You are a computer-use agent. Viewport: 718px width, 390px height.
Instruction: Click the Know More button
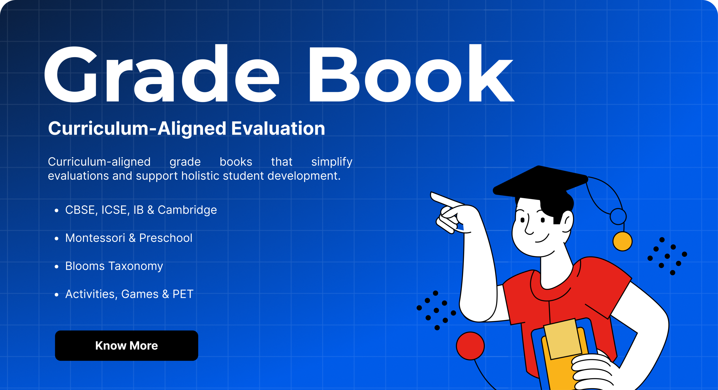click(x=126, y=345)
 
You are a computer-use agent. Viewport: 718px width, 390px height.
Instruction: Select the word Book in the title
click(x=411, y=74)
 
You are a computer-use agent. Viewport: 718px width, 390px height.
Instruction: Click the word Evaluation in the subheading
click(x=278, y=128)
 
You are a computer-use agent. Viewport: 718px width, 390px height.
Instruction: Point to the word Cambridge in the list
click(x=187, y=210)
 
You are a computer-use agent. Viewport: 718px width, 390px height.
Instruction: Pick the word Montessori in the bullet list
click(x=95, y=238)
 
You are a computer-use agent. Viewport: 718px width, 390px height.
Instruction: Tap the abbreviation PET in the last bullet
click(x=183, y=294)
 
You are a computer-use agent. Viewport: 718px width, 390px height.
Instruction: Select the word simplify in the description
click(x=332, y=162)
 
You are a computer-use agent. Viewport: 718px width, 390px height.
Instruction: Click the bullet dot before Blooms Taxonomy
click(x=57, y=266)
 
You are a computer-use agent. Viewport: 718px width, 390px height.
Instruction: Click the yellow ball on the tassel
click(x=622, y=241)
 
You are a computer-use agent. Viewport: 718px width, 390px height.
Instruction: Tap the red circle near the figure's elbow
click(x=470, y=346)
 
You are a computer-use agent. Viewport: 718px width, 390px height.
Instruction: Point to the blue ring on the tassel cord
click(x=618, y=216)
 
